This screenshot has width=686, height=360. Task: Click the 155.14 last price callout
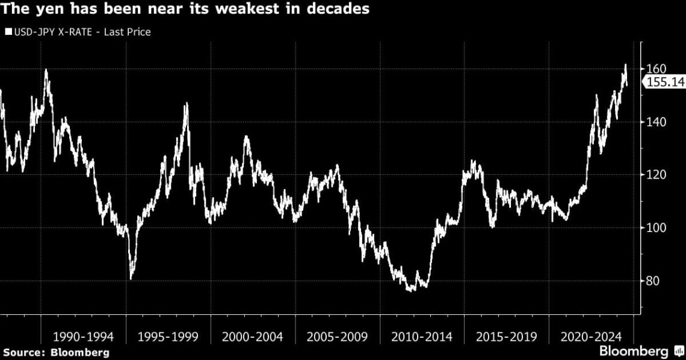pyautogui.click(x=665, y=83)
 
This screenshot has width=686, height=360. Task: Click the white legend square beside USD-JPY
pyautogui.click(x=9, y=32)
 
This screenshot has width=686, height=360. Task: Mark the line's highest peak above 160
pyautogui.click(x=625, y=64)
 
